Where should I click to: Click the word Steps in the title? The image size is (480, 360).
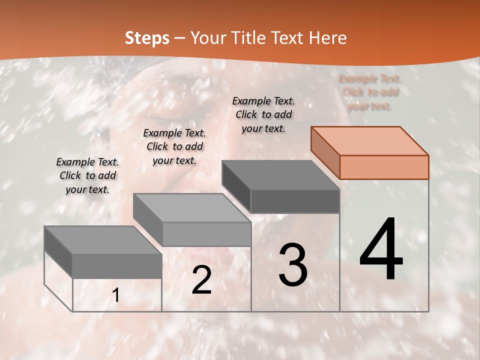[147, 38]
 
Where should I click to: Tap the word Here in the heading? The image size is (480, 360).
[327, 38]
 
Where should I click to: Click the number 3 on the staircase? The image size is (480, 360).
[293, 265]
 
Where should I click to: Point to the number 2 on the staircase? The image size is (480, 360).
[201, 280]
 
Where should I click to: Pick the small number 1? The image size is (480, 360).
[116, 295]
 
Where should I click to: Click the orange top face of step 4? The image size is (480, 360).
[370, 140]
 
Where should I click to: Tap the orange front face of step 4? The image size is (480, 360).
[384, 167]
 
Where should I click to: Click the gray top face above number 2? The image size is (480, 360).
[192, 208]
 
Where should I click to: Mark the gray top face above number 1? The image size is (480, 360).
[103, 240]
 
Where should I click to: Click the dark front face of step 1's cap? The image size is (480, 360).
[117, 266]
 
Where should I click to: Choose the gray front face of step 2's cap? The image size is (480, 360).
[206, 234]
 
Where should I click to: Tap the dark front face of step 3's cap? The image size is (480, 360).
[295, 201]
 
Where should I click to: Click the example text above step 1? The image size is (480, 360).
[87, 175]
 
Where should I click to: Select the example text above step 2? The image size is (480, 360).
[174, 146]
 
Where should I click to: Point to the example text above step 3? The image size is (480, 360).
[263, 114]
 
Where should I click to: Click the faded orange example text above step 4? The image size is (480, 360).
[370, 92]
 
